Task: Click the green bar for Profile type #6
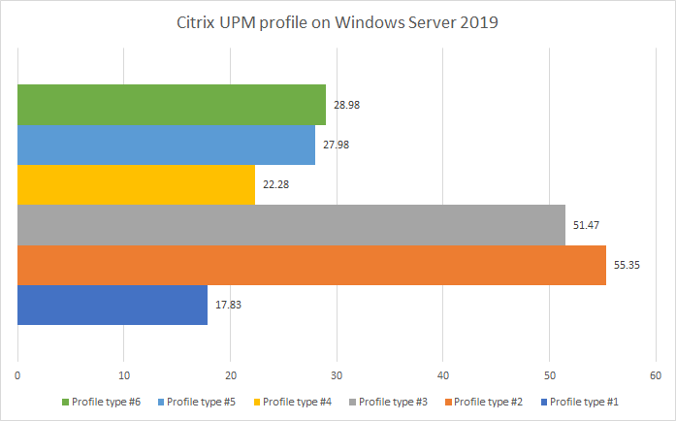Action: point(172,105)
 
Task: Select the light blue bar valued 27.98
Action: point(166,145)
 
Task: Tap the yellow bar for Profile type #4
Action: point(136,184)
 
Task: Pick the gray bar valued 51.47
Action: point(291,225)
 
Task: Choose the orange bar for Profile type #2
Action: point(311,265)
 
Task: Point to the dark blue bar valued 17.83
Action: point(113,305)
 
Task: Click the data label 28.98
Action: point(346,105)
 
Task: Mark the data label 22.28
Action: point(275,184)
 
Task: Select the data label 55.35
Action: point(627,265)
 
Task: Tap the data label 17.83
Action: point(228,305)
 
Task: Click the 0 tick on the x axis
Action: point(18,376)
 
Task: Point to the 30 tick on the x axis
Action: point(337,376)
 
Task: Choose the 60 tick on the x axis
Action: point(655,376)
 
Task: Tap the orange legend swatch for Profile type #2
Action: point(448,402)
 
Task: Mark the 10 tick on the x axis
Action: point(124,376)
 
